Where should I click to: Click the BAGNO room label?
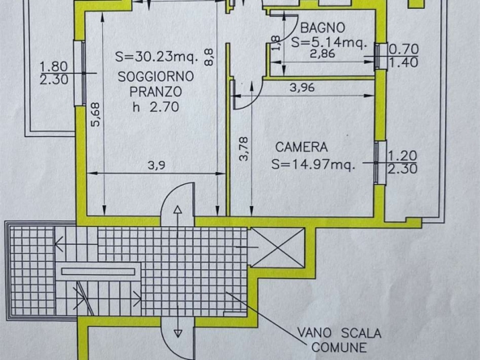coord(323,28)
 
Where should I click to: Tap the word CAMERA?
coord(302,148)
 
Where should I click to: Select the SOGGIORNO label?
coord(156,76)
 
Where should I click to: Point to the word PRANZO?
coord(156,92)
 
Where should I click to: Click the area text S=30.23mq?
coord(156,57)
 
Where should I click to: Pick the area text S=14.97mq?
coord(314,165)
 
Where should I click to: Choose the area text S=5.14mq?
coord(328,42)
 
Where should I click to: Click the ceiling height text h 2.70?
coord(156,107)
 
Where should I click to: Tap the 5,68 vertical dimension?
coord(96,114)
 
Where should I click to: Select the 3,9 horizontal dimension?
coord(156,165)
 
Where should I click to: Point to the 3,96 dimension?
coord(302,88)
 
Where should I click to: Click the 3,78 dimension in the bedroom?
coord(244,149)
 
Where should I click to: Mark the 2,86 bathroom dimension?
coord(323,54)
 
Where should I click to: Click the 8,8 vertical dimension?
coord(208,58)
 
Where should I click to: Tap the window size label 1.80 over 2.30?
coord(54,73)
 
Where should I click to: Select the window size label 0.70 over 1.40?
coord(404,56)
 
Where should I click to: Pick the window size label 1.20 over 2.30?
coord(402,162)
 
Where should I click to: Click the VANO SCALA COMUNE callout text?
coord(339,340)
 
